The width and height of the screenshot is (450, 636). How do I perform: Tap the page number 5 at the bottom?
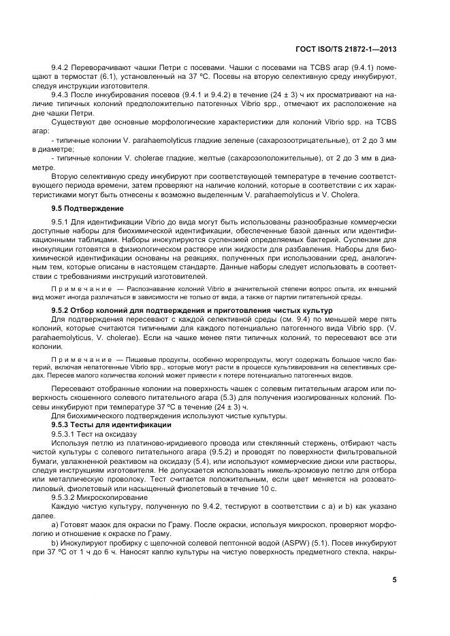coord(395,580)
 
